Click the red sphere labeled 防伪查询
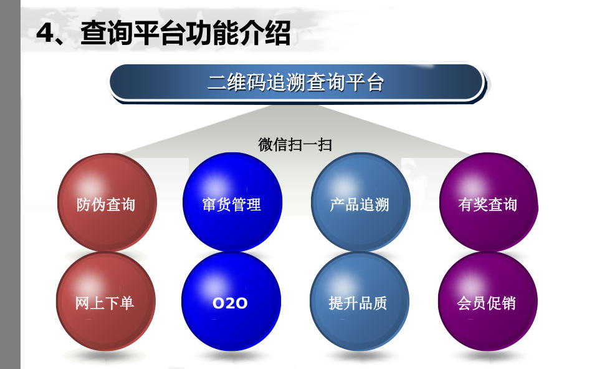pos(107,202)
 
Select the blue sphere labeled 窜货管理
pos(232,202)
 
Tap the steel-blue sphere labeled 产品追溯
pos(361,202)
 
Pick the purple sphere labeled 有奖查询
pos(489,202)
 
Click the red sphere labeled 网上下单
pos(106,301)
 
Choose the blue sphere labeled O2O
pos(231,301)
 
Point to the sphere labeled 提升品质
pos(360,301)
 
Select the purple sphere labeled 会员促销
pos(487,301)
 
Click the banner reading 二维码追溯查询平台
pos(297,83)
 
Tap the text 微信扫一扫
pos(295,145)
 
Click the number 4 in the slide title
pos(46,33)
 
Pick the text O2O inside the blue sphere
pos(230,303)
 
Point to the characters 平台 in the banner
pos(365,82)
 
